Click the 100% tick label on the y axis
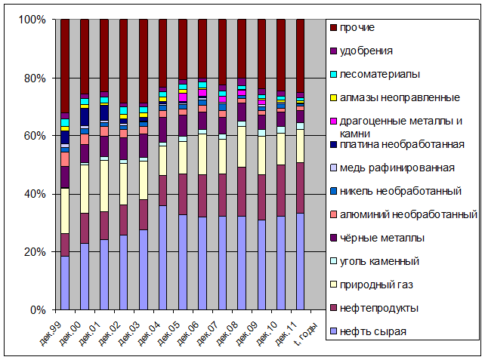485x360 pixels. coord(32,20)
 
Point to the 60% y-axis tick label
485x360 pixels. coord(35,136)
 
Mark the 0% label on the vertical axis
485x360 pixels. coord(38,310)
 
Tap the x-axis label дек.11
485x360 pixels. coord(286,334)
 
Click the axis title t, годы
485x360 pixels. coord(306,334)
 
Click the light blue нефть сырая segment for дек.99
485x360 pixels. coord(65,283)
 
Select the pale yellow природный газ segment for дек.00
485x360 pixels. coord(85,189)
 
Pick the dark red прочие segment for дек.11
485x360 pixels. coord(301,56)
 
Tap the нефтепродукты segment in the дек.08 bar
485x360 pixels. coord(242,192)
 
